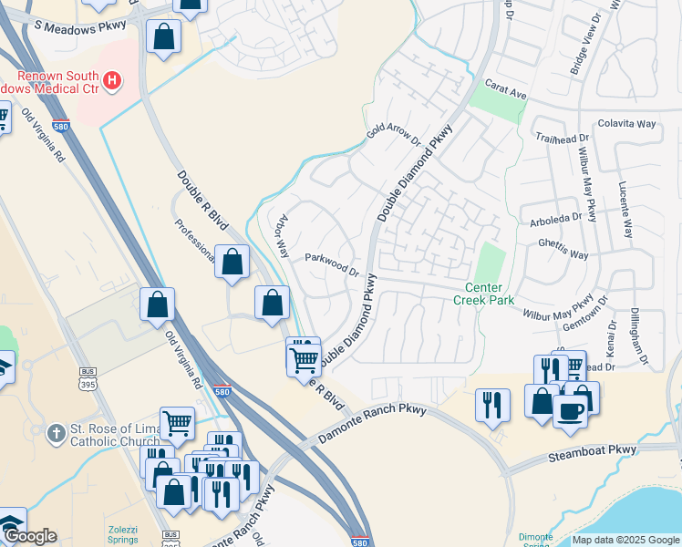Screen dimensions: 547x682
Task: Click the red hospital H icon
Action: coord(112,81)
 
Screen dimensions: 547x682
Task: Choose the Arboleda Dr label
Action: coord(555,219)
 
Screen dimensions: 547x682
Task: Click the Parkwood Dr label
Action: coord(332,263)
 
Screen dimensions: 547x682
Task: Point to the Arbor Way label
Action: coord(283,236)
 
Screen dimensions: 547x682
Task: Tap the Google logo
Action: coord(29,536)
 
